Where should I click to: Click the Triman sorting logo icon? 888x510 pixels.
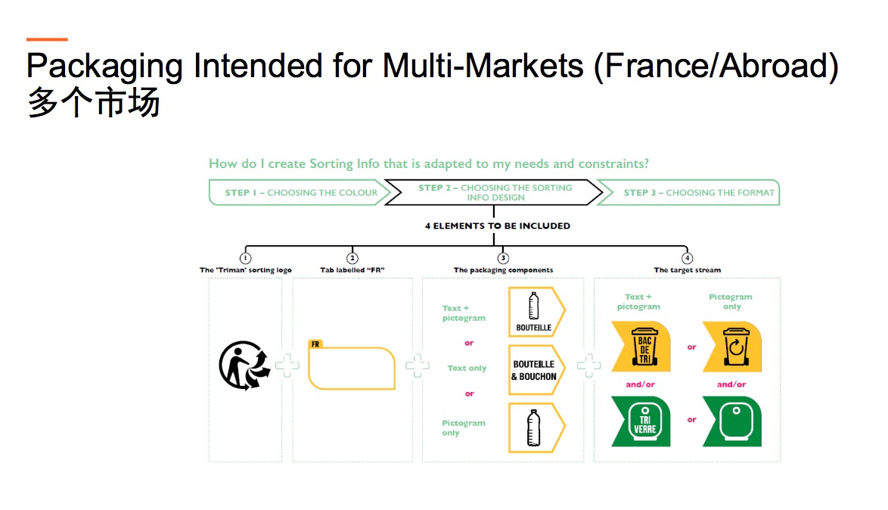[244, 365]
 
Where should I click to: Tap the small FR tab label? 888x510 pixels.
[315, 344]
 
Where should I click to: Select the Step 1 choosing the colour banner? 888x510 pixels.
[300, 193]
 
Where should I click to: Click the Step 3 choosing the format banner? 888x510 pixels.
[688, 193]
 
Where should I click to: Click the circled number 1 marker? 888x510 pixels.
[245, 258]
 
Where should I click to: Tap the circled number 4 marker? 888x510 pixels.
[687, 258]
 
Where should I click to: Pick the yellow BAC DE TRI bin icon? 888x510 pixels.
[641, 347]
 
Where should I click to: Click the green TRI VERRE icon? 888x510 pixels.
[641, 421]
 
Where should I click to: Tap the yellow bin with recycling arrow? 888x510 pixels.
[732, 347]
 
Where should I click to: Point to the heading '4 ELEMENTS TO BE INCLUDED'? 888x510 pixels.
[498, 225]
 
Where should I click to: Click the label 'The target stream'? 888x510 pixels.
[688, 269]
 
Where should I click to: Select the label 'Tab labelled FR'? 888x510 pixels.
[352, 269]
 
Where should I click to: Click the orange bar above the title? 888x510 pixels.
[47, 39]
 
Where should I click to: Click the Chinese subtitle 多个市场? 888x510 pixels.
[94, 103]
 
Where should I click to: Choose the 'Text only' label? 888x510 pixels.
[467, 369]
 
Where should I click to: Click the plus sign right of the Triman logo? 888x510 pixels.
[287, 365]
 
